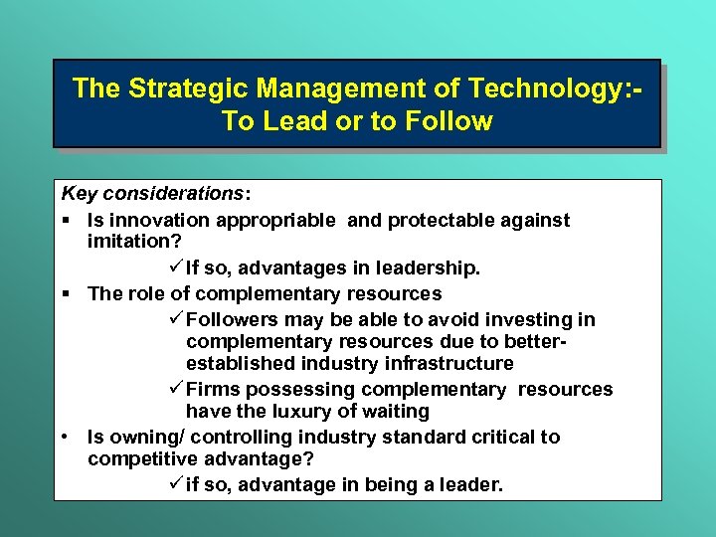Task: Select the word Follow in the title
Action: pos(445,122)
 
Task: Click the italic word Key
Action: pos(79,191)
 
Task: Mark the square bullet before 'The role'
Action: pos(66,294)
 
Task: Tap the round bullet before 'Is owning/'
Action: pos(66,438)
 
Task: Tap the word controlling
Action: pos(244,438)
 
